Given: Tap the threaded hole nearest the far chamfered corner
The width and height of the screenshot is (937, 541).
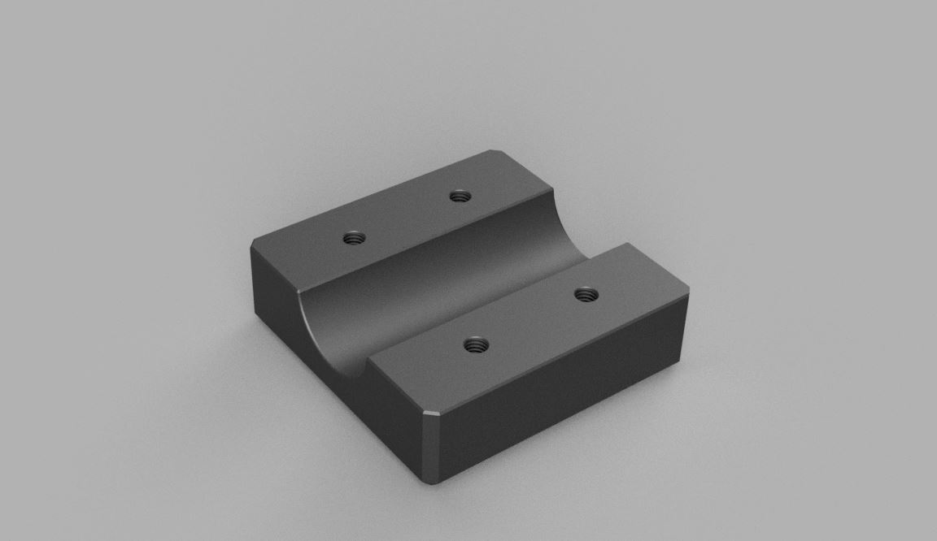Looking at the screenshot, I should tap(461, 196).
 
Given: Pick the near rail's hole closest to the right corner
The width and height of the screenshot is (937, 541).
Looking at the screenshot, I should tap(583, 294).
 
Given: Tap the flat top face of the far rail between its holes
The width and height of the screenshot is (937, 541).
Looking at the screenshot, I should tap(407, 218).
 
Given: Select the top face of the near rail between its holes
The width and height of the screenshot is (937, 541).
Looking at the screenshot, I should tap(529, 319).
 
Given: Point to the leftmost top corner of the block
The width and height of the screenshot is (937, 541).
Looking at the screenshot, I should tap(251, 247).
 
